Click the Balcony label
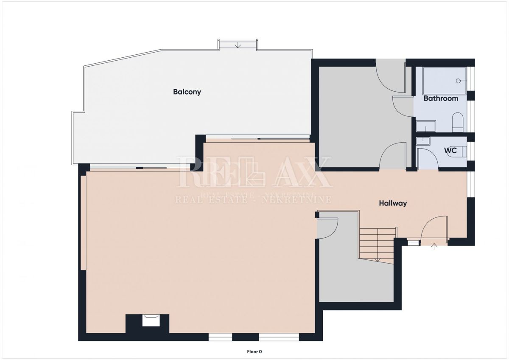coord(187,92)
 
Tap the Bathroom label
coord(441,98)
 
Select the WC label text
coord(450,150)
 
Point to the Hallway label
coord(393,203)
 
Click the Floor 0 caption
coord(254,352)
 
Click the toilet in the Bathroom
coord(457,122)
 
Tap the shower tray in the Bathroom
coord(445,81)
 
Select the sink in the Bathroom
coord(425,126)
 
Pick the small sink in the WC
coord(423,141)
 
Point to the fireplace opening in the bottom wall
coord(151,320)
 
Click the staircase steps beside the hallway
coord(378,244)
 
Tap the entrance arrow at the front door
coord(434,246)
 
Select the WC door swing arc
coord(428,157)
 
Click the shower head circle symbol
coord(459,81)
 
